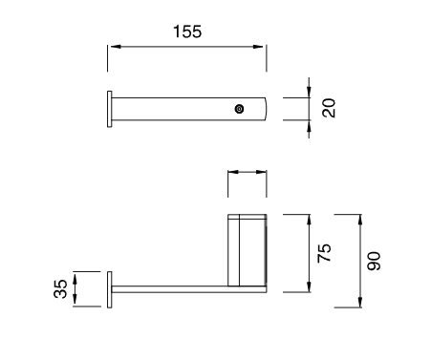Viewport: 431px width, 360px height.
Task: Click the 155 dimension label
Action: click(x=187, y=32)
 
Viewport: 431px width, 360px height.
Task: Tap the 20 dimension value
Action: click(x=329, y=108)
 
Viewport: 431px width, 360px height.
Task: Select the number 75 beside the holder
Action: click(x=324, y=253)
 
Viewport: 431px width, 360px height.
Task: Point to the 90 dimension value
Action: click(x=374, y=261)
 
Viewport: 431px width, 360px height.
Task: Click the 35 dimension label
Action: click(x=60, y=288)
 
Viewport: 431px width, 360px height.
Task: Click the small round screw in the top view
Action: click(x=239, y=109)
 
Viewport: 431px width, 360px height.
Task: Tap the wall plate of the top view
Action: click(x=110, y=109)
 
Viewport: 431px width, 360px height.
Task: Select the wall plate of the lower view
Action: click(x=110, y=289)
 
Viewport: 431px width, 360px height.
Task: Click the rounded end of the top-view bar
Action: click(x=265, y=109)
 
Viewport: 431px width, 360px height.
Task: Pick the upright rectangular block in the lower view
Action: click(x=248, y=250)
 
